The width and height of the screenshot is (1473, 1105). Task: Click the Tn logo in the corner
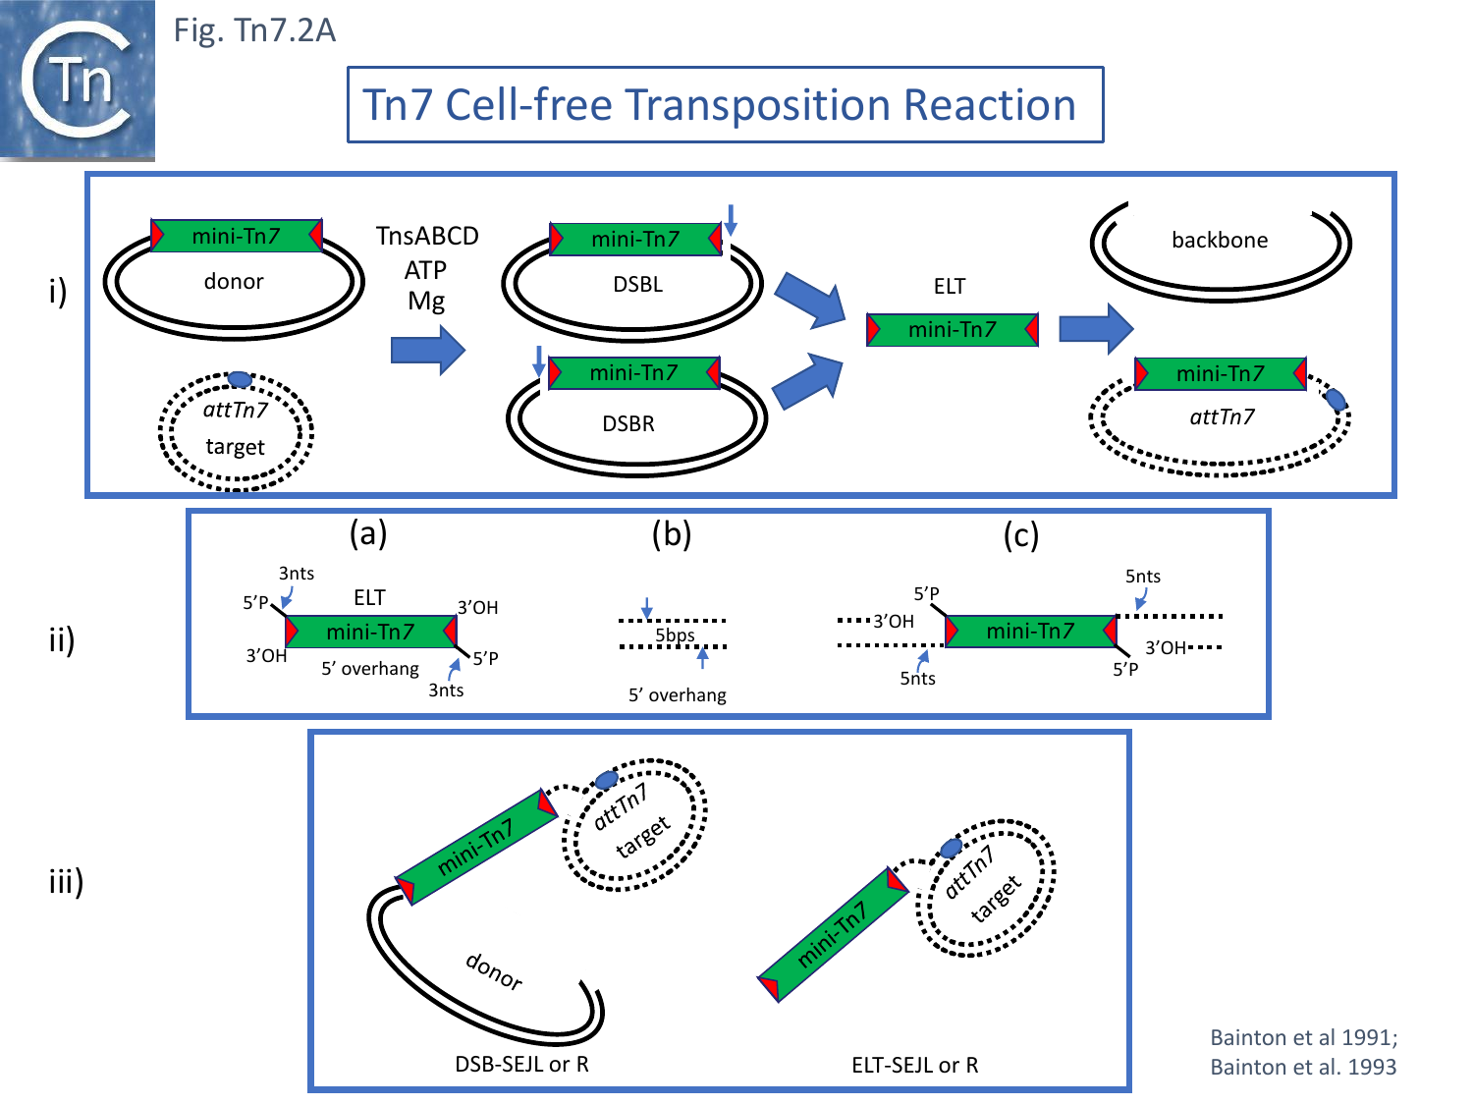78,81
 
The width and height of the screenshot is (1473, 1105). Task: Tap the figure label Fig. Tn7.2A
254,30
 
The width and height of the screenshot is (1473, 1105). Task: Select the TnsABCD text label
427,237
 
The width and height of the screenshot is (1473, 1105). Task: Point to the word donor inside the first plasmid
234,282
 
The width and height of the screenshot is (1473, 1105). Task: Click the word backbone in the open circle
1220,241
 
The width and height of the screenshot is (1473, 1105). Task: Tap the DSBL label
637,285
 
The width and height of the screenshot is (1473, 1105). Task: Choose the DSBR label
628,424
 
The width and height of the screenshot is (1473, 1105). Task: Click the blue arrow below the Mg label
427,350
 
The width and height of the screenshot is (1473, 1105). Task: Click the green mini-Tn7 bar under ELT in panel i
952,330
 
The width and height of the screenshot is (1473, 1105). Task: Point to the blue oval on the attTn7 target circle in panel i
239,380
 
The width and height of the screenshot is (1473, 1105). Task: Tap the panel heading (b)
672,533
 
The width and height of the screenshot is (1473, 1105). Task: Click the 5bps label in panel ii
675,635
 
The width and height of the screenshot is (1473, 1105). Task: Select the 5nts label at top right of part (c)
1143,577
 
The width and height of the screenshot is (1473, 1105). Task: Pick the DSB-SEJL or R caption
521,1065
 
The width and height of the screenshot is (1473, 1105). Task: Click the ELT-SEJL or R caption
914,1066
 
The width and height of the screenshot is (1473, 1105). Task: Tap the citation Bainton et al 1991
1303,1038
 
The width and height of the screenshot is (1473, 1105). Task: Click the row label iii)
66,881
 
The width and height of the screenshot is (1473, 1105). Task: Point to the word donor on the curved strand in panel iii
494,971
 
